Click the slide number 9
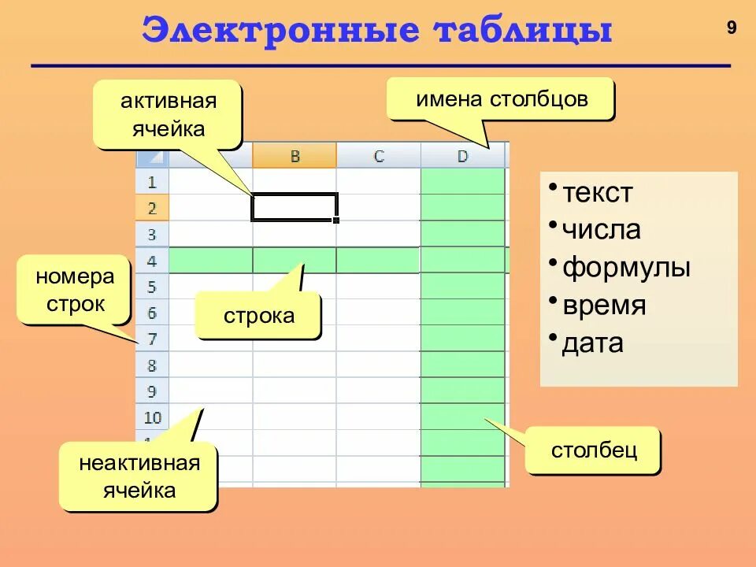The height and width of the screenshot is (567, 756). pos(732,28)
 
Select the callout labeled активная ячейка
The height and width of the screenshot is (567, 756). pos(167,114)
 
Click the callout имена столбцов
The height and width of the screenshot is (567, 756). pos(501,99)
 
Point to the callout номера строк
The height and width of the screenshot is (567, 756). pos(74,290)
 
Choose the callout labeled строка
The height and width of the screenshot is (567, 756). pos(258,316)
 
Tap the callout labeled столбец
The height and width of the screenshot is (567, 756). pos(593,450)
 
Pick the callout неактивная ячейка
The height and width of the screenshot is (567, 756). pos(139,476)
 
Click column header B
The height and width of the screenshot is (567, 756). pos(295,156)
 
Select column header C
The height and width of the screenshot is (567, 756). pos(379,156)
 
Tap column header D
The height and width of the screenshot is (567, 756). pos(462,156)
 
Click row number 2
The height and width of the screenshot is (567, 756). pos(152,209)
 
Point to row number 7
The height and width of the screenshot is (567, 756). pos(152,339)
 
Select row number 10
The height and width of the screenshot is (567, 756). pos(152,417)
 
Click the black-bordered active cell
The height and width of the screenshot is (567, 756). pos(295,207)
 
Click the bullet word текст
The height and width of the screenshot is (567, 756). pos(597,193)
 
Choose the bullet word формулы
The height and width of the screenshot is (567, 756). pos(625,267)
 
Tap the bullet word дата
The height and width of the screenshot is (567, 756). pos(592,343)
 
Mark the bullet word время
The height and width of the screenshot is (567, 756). pos(603,305)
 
